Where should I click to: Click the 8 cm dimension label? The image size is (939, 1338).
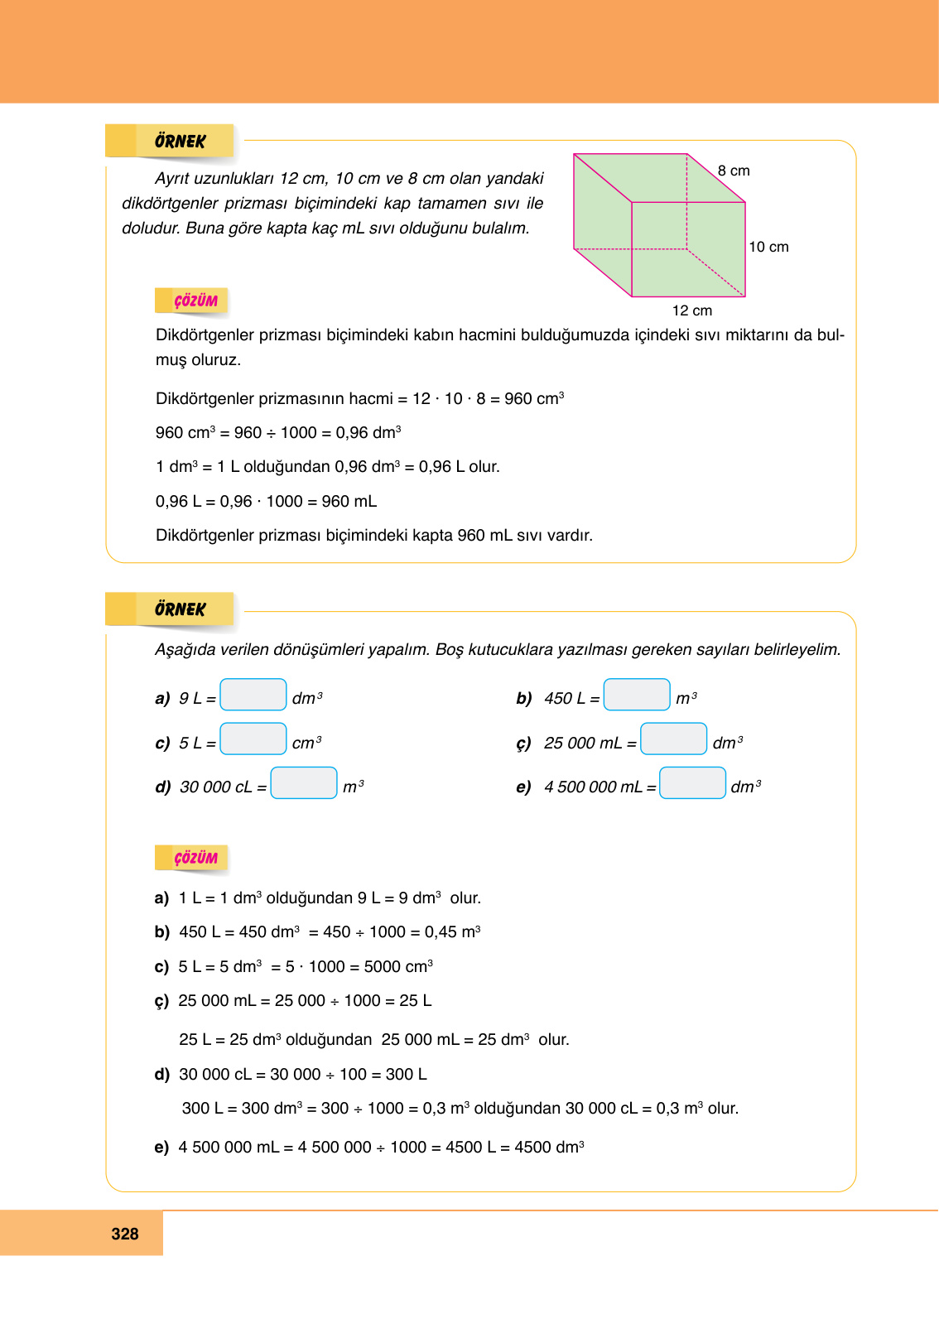tap(734, 171)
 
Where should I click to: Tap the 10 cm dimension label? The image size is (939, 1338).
tap(768, 247)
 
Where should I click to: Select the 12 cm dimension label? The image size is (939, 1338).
tap(691, 310)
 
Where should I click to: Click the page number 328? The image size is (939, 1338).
tap(125, 1234)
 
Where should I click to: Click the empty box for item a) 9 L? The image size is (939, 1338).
tap(253, 695)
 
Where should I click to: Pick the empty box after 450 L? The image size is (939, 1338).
tap(637, 695)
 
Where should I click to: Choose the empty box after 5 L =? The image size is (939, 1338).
tap(253, 739)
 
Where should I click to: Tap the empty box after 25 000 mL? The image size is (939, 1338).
tap(674, 739)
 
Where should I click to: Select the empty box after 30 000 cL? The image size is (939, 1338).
tap(304, 782)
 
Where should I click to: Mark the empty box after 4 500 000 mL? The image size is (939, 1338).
tap(692, 782)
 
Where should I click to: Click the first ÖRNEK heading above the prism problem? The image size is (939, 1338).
tap(180, 142)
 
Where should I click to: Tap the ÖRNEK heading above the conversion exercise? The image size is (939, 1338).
tap(180, 609)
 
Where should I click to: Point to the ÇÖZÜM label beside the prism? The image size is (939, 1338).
tap(195, 301)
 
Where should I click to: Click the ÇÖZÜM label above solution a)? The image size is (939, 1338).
tap(195, 858)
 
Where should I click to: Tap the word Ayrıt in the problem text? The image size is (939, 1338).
tap(171, 179)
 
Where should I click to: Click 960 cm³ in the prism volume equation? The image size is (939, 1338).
tap(534, 398)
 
